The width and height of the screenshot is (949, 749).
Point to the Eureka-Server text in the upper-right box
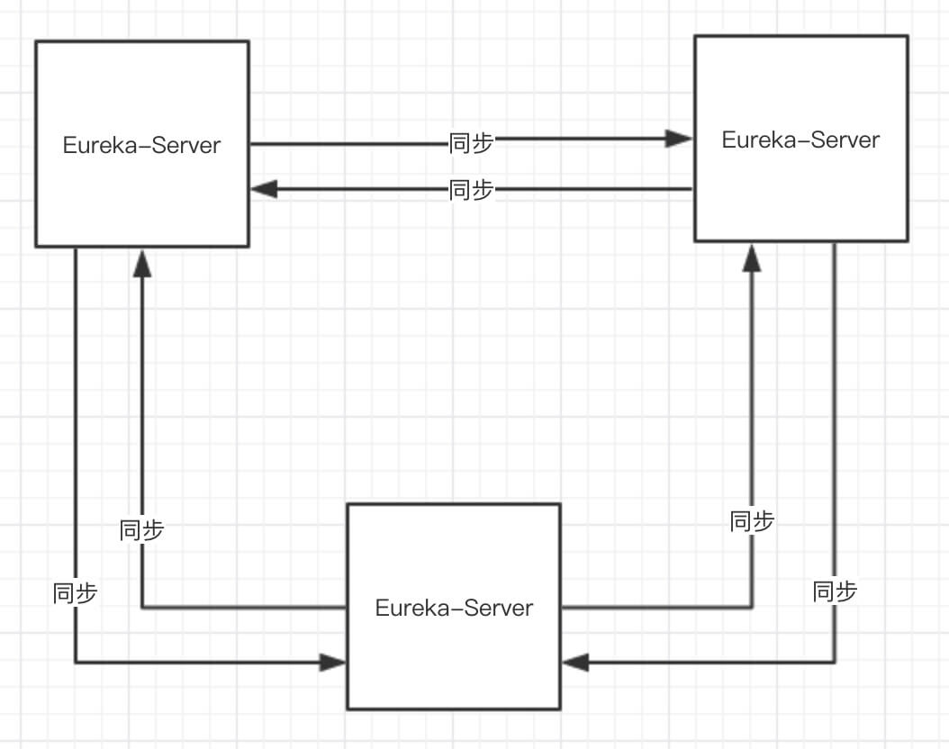coord(800,140)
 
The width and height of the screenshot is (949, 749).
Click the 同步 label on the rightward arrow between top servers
coord(471,141)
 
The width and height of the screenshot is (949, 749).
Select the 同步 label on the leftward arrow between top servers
coord(471,190)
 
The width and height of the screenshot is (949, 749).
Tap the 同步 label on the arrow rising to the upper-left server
coord(141,530)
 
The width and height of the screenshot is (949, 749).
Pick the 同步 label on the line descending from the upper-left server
coord(76,592)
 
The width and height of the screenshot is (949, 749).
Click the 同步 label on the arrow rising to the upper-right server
coord(752,521)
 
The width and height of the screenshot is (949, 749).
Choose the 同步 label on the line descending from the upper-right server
coord(835,591)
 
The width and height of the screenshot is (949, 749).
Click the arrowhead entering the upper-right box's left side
coord(679,139)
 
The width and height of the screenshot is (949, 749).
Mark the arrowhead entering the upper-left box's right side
coord(264,189)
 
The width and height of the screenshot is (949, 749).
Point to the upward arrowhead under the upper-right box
coord(752,257)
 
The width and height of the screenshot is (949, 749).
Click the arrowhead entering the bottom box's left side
coord(333,663)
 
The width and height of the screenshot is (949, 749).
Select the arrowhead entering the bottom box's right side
coord(575,663)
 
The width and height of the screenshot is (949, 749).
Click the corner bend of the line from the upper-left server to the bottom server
coord(76,663)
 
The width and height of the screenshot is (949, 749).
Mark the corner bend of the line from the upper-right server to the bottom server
coord(835,663)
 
